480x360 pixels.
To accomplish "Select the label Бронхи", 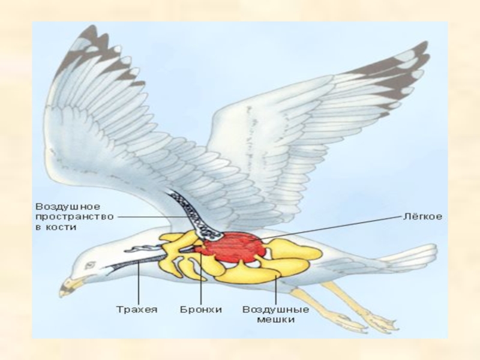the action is pos(201,310).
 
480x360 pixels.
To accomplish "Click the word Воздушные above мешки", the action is pos(275,310).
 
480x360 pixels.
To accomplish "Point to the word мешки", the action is pos(275,320).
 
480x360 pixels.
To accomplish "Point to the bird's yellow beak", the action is pos(70,287).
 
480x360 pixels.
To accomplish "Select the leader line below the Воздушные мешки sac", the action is pos(275,291).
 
